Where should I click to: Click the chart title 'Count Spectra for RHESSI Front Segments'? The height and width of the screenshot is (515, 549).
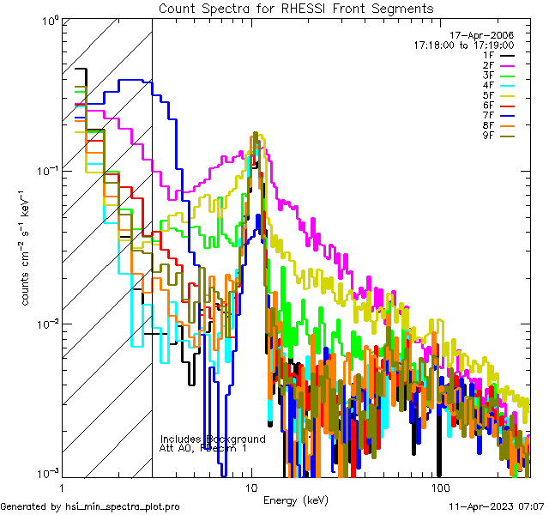point(296,8)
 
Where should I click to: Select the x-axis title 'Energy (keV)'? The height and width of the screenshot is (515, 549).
point(295,500)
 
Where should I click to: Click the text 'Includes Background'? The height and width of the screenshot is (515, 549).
point(212,439)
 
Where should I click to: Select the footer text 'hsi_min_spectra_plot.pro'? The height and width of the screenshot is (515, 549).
point(123,507)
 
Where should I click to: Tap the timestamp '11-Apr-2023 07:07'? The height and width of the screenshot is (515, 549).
point(498,507)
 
